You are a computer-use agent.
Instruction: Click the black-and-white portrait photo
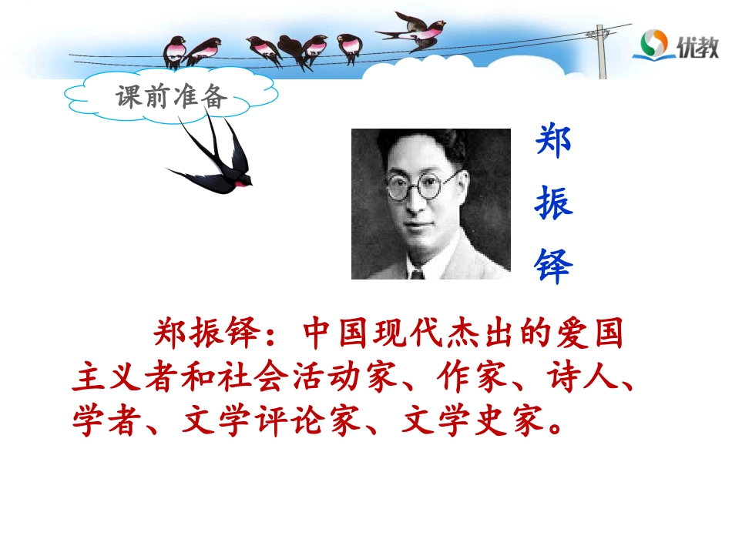[431, 203]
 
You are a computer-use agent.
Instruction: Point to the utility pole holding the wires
[601, 51]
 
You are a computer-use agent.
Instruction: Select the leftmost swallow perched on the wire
[176, 51]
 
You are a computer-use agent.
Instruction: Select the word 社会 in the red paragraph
[257, 379]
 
